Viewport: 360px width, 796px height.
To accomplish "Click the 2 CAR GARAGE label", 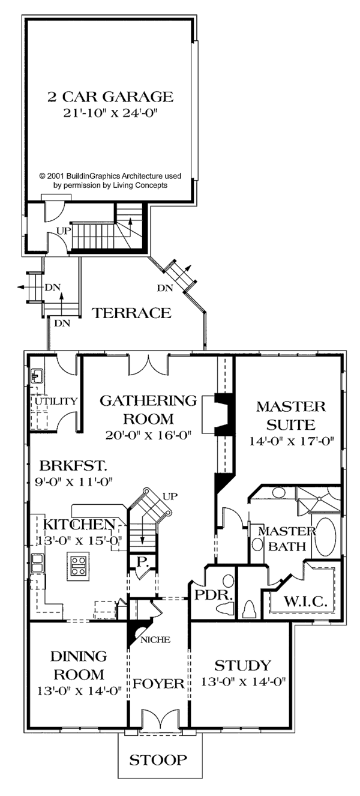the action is (110, 97).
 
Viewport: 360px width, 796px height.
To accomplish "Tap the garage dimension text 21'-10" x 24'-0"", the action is (110, 113).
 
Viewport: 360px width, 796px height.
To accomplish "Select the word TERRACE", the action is (132, 313).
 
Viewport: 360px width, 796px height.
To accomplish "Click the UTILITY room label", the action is (56, 401).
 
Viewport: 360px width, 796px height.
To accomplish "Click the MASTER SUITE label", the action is (291, 415).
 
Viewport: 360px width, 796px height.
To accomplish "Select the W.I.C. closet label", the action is (305, 602).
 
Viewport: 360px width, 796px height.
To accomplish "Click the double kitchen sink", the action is (37, 563).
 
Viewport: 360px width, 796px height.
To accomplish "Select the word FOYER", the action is (158, 683).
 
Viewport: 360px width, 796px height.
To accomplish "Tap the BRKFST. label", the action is (73, 465).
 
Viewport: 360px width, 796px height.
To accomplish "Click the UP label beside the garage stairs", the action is (64, 231).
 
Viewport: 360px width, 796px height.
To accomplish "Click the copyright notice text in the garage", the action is (110, 181).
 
